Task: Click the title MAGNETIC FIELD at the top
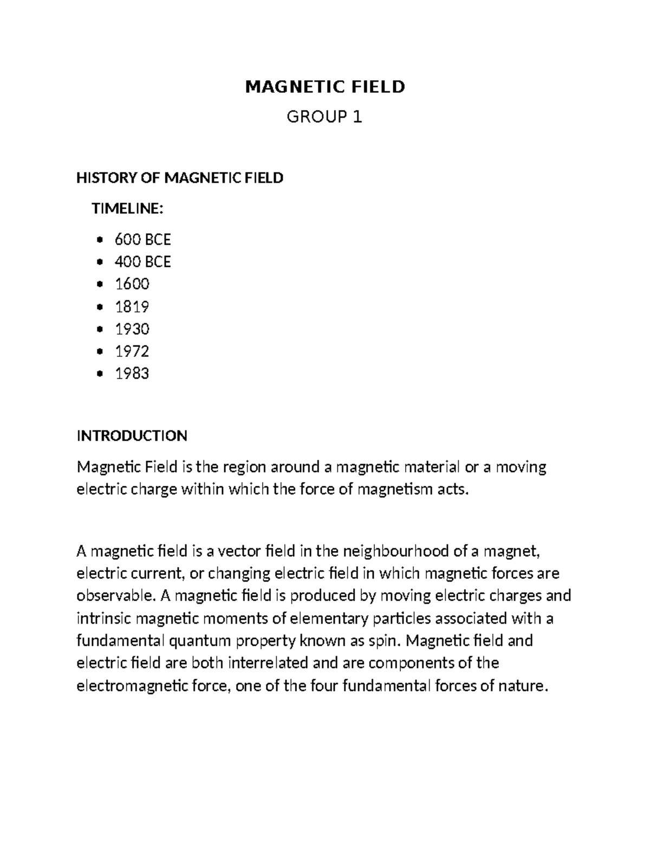[x=325, y=87]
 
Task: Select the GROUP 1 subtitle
[x=324, y=117]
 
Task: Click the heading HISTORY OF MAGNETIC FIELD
[x=180, y=178]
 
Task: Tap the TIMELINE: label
[x=127, y=208]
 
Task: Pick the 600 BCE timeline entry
[x=142, y=239]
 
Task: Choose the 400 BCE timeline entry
[x=142, y=262]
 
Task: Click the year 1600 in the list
[x=132, y=284]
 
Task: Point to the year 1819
[x=132, y=307]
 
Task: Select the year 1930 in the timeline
[x=132, y=329]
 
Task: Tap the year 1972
[x=132, y=351]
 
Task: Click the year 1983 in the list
[x=132, y=374]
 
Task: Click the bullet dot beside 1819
[x=99, y=307]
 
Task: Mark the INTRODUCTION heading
[x=132, y=435]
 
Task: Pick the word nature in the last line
[x=525, y=686]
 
